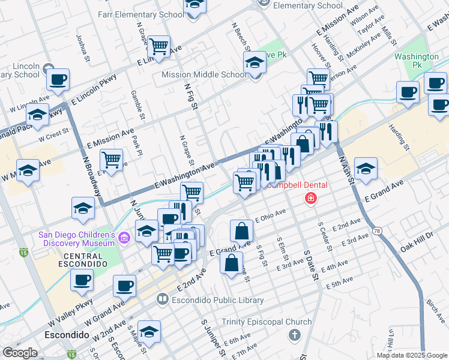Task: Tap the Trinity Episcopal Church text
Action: (267, 322)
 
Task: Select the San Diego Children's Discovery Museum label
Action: (76, 239)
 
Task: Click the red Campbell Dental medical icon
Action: (310, 198)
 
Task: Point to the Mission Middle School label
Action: (204, 75)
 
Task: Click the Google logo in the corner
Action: (20, 352)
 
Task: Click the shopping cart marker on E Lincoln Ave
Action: (158, 46)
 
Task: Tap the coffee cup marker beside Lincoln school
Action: (58, 79)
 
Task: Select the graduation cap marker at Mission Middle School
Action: (254, 62)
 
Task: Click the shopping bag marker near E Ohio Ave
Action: (241, 230)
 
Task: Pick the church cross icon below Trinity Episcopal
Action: (294, 334)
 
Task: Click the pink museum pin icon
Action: (124, 239)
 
